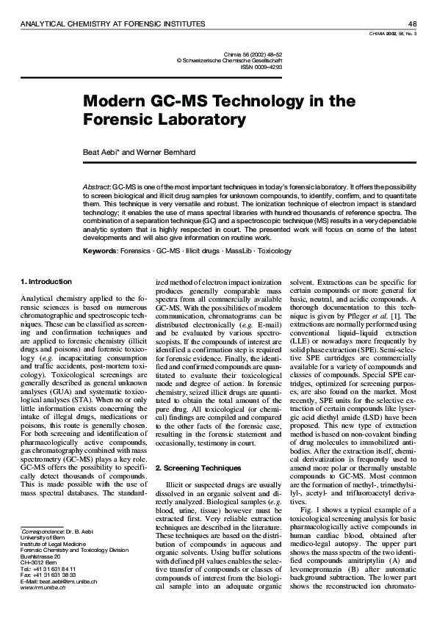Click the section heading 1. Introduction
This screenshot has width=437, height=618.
coord(45,281)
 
